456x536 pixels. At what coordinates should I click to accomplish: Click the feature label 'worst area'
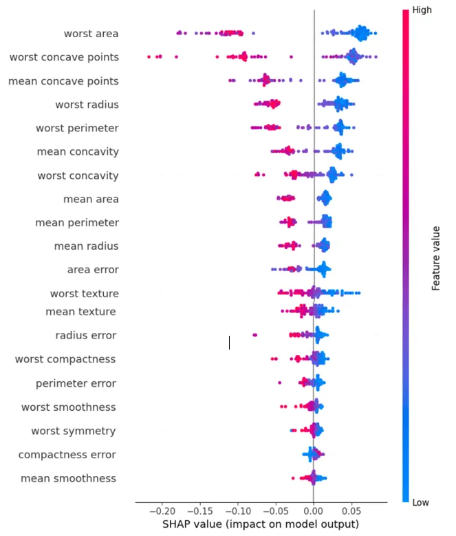coord(91,34)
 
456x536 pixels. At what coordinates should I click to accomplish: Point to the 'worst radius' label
coord(87,105)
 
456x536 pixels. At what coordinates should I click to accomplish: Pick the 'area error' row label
coord(93,269)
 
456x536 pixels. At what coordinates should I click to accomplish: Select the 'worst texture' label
coord(84,294)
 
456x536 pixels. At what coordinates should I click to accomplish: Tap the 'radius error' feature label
coord(85,335)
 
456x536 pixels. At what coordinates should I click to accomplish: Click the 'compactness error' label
coord(67,454)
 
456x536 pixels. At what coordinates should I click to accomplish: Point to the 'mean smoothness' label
coord(68,478)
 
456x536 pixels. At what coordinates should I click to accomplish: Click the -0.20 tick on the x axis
coord(162,512)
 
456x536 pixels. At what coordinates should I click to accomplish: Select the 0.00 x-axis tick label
coord(313,512)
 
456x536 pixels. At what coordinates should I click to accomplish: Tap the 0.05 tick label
coord(351,512)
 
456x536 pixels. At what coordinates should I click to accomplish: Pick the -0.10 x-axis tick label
coord(238,512)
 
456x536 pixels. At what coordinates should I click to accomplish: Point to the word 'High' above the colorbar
coord(422,10)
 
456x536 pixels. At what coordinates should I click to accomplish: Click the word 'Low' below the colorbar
coord(421,503)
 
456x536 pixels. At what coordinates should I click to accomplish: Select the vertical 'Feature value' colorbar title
coord(436,257)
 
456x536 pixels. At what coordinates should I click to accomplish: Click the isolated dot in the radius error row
coord(255,335)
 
